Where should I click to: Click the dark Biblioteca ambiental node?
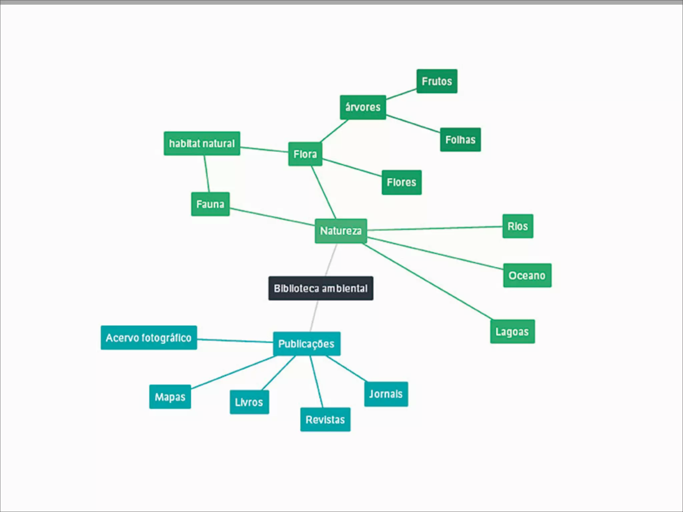click(x=320, y=288)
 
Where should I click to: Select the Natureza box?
click(x=340, y=231)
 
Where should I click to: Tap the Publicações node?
click(x=306, y=344)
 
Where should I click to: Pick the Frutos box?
click(x=437, y=81)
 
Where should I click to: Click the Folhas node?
click(x=460, y=140)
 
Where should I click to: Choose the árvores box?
click(x=363, y=107)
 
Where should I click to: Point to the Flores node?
click(x=402, y=182)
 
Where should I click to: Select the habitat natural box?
click(x=202, y=143)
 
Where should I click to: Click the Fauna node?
click(x=210, y=204)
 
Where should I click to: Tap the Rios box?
click(x=518, y=226)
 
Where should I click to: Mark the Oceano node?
click(x=527, y=275)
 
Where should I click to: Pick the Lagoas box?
click(x=512, y=332)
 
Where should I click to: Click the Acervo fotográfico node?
click(x=149, y=338)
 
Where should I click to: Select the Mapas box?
click(x=170, y=397)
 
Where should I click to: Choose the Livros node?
click(x=249, y=402)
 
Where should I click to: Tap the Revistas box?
click(x=325, y=419)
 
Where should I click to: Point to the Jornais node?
click(x=386, y=394)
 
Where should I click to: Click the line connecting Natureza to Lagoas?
click(x=427, y=282)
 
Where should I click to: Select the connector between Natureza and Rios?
click(x=434, y=228)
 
